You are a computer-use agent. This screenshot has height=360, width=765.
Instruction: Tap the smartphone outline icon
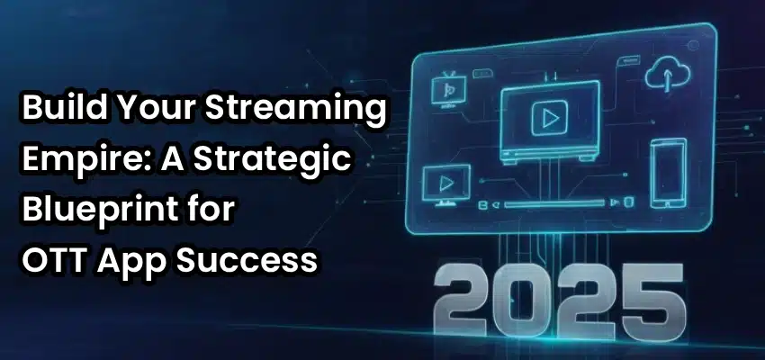(x=668, y=173)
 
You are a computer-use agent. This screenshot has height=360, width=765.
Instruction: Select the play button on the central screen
(x=549, y=118)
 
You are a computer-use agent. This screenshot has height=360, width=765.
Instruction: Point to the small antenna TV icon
(x=448, y=89)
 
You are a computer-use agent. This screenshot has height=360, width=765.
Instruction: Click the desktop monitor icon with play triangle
(x=445, y=184)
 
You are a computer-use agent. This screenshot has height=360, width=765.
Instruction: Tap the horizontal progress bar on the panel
(x=554, y=203)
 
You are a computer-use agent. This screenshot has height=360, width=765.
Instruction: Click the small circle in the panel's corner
(x=694, y=45)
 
